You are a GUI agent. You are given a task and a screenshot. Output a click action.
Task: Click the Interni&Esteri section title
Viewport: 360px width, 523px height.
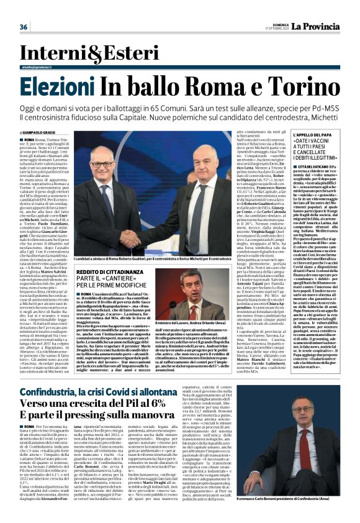tap(61, 54)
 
